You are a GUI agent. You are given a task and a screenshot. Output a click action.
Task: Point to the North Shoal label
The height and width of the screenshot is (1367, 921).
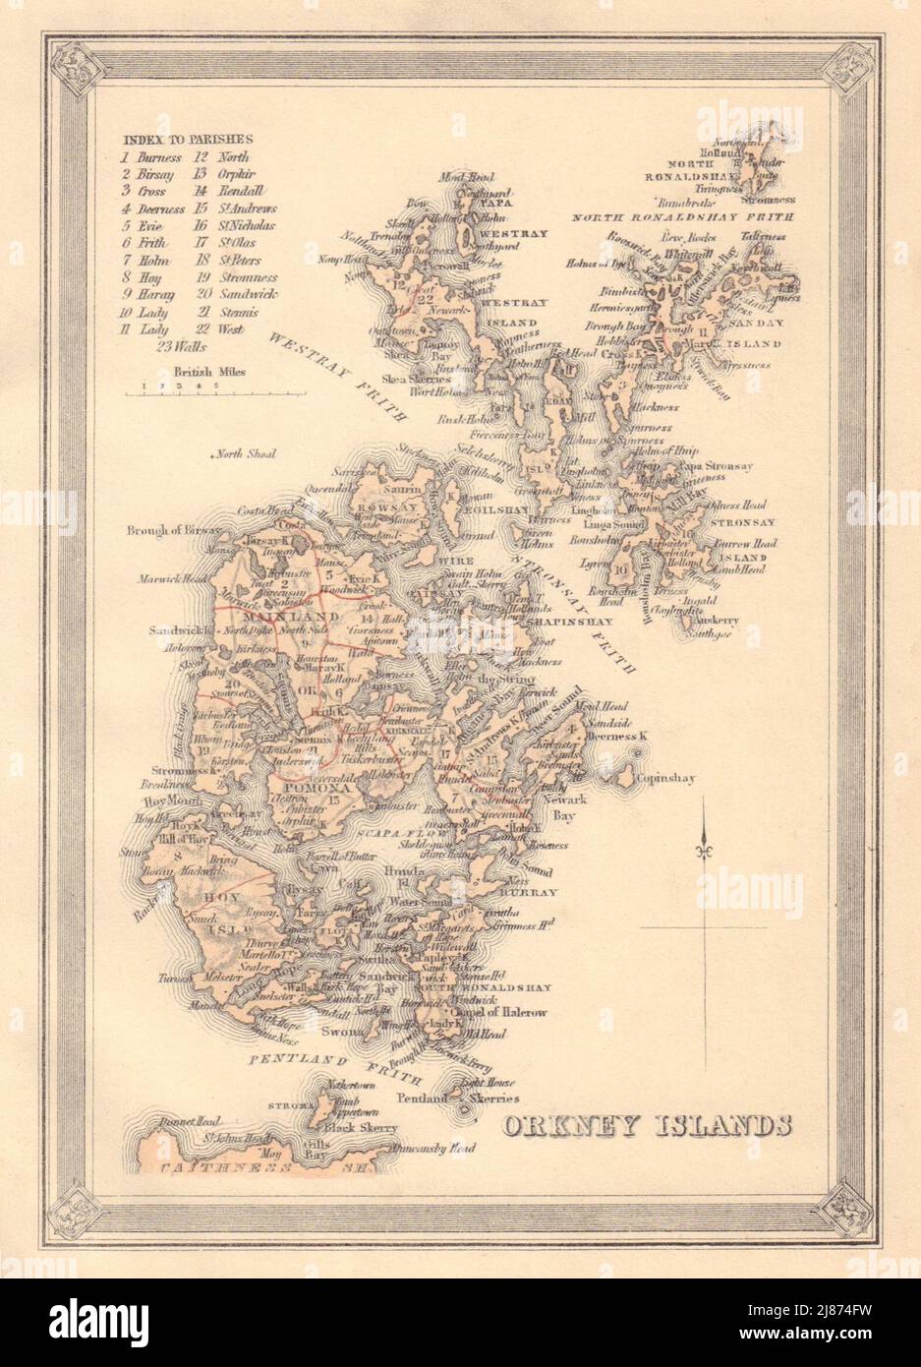[246, 454]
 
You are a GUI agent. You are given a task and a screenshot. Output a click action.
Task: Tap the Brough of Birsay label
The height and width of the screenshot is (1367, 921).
[168, 531]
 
